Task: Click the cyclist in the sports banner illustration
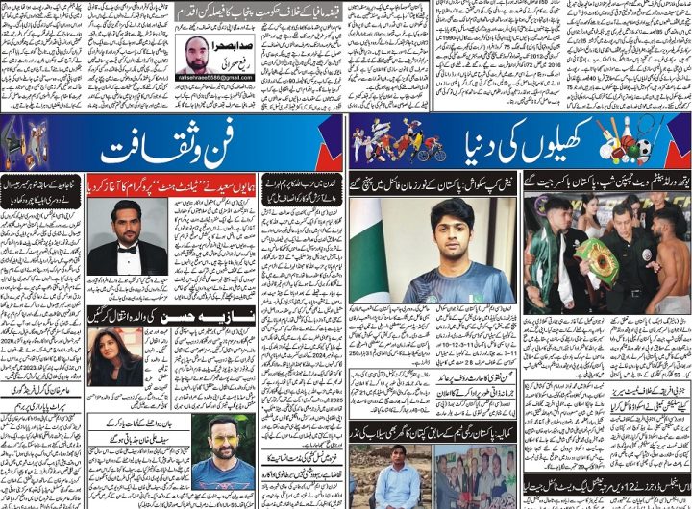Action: tap(432, 146)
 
